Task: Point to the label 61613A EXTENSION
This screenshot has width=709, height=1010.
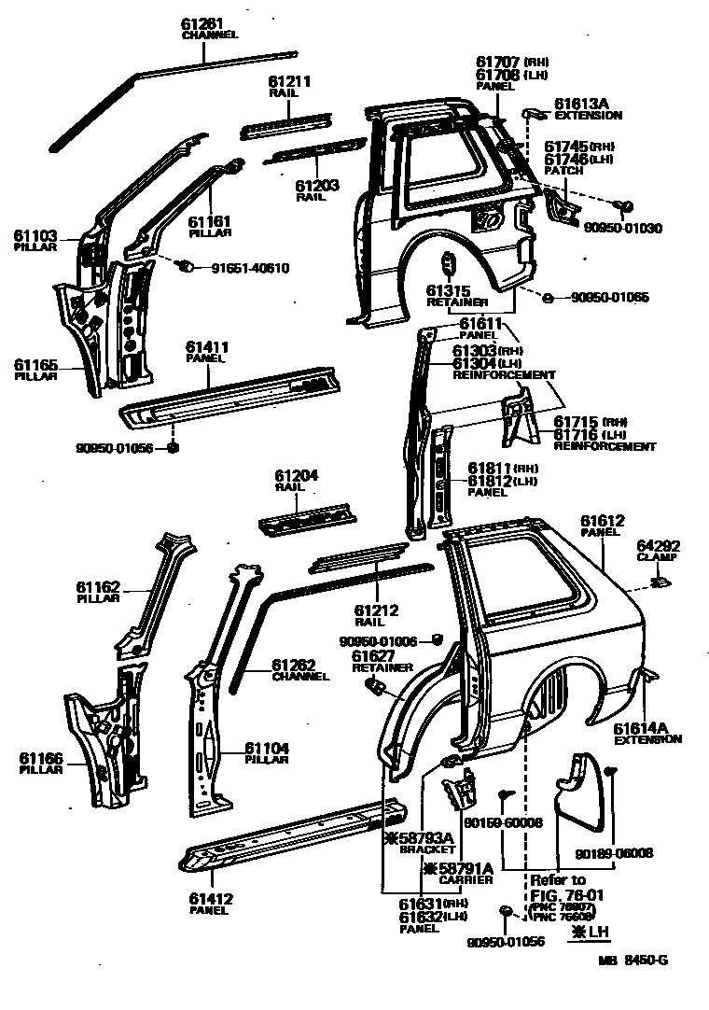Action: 588,109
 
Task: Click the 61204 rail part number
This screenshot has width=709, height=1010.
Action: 296,475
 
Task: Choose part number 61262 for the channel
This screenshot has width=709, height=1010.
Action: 295,665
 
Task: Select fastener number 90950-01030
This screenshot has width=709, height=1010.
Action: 622,227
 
